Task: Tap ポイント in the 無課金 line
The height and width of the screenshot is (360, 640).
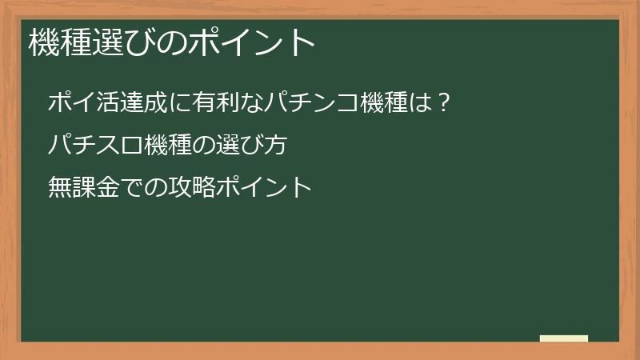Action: pyautogui.click(x=264, y=188)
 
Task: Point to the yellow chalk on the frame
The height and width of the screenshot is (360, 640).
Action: pyautogui.click(x=564, y=338)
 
